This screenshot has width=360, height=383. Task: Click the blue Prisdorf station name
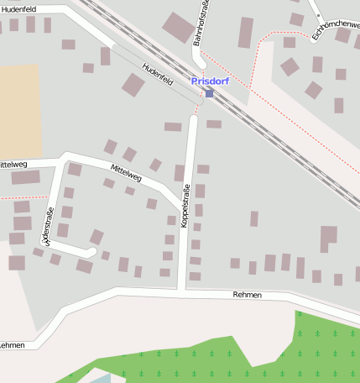pyautogui.click(x=211, y=81)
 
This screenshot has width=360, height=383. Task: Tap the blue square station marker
pyautogui.click(x=209, y=93)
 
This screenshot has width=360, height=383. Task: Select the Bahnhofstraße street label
pyautogui.click(x=200, y=31)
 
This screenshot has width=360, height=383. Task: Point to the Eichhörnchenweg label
pyautogui.click(x=335, y=31)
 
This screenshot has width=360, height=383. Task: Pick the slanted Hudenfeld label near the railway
pyautogui.click(x=157, y=76)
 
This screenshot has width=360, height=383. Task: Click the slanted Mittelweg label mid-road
pyautogui.click(x=125, y=173)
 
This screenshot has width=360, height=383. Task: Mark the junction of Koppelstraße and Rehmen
pyautogui.click(x=181, y=291)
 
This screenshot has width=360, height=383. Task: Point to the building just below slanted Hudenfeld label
pyautogui.click(x=133, y=84)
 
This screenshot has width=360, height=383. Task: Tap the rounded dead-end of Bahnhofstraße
pyautogui.click(x=199, y=62)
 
